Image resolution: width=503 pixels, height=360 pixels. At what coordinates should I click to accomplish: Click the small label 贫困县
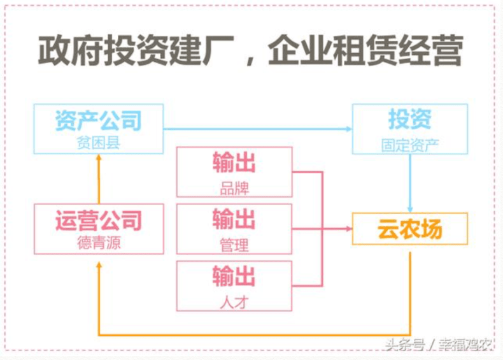click(x=98, y=143)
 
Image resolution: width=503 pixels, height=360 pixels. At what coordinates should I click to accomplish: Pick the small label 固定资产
click(x=409, y=145)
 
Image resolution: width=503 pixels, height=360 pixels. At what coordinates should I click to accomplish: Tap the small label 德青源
click(x=98, y=243)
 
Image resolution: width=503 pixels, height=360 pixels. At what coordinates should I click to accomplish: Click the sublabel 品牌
click(x=234, y=188)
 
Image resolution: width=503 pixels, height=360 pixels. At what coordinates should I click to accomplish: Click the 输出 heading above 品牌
click(x=234, y=164)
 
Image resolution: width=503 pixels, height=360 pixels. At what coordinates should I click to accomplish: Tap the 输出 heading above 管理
click(x=234, y=220)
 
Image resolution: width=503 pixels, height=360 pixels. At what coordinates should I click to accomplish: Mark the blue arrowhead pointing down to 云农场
click(x=410, y=210)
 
